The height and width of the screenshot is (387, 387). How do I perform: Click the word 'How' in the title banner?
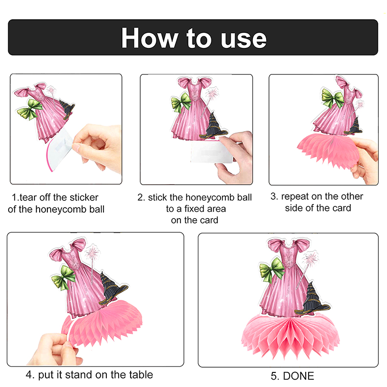coord(149,38)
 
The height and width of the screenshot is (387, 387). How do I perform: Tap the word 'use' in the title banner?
coord(243,40)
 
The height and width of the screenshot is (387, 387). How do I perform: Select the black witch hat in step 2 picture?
coord(214,126)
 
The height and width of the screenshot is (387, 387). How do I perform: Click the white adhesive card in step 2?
coord(212,151)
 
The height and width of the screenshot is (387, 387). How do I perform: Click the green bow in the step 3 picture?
coord(333,98)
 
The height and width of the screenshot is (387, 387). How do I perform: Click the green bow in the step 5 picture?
coord(272,270)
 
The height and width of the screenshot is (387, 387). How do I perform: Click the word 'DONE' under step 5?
coord(298,376)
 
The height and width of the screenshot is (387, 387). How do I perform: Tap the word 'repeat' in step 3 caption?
coord(295,197)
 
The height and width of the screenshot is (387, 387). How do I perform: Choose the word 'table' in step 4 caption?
coord(141,374)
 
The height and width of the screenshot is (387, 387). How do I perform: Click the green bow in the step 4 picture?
coord(63,278)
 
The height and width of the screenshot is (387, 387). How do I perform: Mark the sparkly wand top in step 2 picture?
coord(212,94)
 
